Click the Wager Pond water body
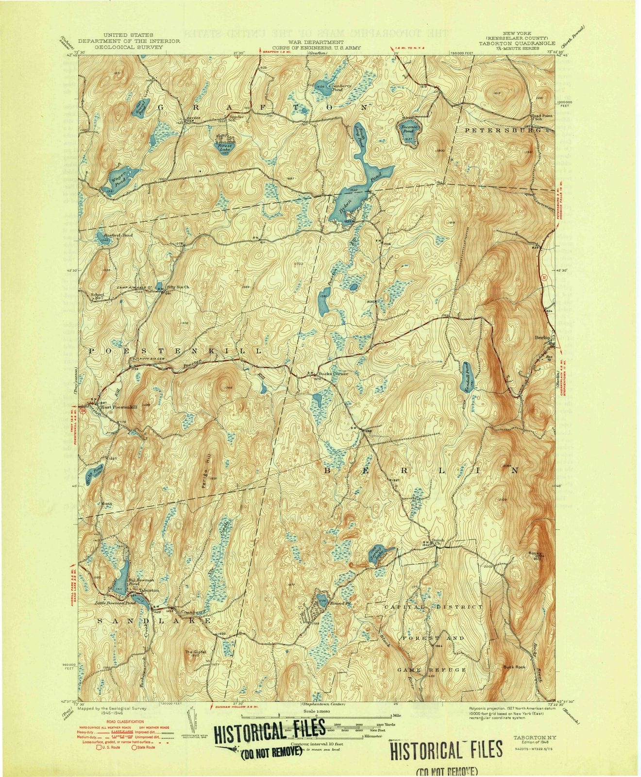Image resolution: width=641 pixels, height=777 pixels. click(x=115, y=178)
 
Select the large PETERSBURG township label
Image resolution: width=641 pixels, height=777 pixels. click(x=502, y=131)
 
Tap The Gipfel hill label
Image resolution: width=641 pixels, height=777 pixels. click(x=194, y=652)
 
